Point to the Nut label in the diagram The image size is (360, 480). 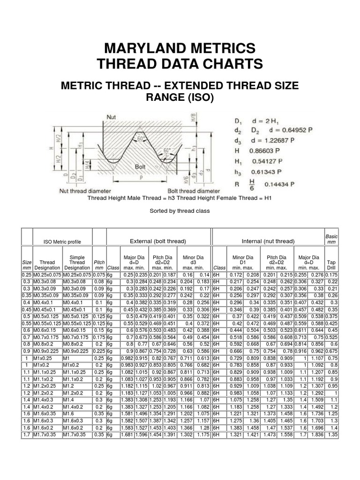pos(112,117)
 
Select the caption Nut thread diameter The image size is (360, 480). pos(85,191)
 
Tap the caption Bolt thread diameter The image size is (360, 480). pos(194,191)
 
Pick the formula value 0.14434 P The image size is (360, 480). pos(279,184)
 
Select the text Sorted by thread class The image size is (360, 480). pos(180,211)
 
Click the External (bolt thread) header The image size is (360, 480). pos(157,241)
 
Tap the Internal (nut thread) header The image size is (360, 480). pos(268,241)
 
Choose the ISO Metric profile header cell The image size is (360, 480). pos(62,242)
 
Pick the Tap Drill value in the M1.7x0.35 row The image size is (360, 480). pos(332,435)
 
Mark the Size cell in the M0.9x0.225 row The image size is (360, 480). pos(27,351)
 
